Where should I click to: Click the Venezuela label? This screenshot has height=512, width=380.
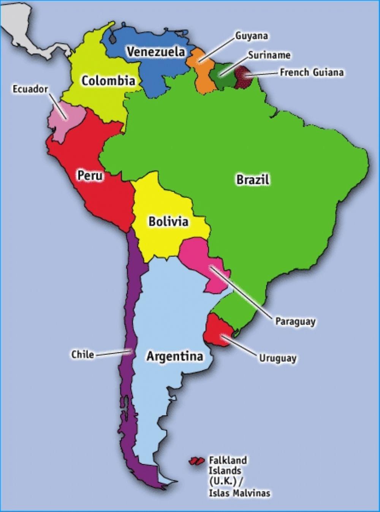pos(156,51)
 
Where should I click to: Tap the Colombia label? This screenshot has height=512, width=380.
pos(108,81)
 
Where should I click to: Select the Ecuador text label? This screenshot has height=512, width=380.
pos(30,89)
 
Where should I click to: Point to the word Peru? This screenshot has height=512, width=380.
pos(90,175)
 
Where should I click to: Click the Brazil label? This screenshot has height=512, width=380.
pos(253,179)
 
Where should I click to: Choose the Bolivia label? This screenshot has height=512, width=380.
pos(168,221)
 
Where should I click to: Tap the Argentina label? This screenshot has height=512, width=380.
pos(175,356)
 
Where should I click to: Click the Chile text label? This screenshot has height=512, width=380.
pos(82,354)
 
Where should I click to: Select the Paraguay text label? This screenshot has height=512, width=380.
pos(295,321)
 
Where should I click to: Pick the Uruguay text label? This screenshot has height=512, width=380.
pos(277,358)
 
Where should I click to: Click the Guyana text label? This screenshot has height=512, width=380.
pos(252,36)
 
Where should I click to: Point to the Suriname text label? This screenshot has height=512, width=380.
pos(269,55)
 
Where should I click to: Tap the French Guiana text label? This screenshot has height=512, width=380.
pos(312,72)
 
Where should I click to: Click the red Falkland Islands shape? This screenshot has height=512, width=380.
pos(195,461)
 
